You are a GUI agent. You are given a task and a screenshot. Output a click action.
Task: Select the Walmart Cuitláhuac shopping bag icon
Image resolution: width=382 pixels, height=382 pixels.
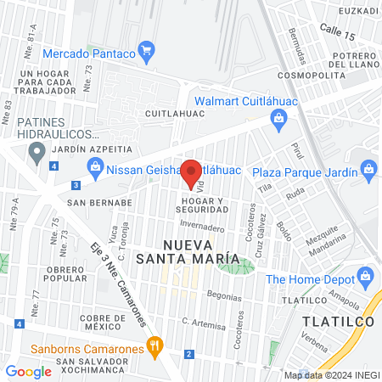click(x=278, y=121)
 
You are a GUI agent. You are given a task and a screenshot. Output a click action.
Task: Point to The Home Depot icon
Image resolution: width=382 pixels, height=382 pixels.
click(x=366, y=277)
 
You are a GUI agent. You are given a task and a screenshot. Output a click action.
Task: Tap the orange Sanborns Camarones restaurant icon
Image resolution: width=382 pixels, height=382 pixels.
click(x=154, y=345)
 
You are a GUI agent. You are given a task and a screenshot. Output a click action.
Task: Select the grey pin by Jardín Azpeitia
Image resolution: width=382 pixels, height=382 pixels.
click(x=37, y=153)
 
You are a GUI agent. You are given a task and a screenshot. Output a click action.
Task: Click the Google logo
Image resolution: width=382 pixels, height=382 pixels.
click(x=28, y=371)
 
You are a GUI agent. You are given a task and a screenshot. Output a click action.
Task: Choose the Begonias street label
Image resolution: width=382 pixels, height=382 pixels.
click(x=224, y=296)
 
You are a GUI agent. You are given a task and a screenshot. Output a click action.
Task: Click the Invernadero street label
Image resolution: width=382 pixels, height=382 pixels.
click(x=202, y=228)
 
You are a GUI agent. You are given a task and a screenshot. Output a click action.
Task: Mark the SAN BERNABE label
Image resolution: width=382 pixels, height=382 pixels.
click(x=100, y=203)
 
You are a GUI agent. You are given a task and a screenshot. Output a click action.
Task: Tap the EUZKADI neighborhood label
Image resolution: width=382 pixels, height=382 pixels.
click(x=357, y=11)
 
